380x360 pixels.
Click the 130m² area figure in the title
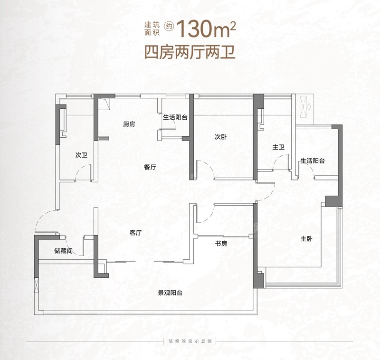click(207, 28)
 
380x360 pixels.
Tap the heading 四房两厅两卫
click(190, 52)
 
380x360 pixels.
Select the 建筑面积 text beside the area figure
click(152, 28)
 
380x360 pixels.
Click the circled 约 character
click(169, 26)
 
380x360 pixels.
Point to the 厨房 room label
click(129, 124)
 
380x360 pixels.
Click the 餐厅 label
click(150, 167)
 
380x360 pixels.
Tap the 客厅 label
click(135, 233)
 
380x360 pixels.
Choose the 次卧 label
click(221, 137)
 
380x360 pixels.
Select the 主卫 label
click(278, 147)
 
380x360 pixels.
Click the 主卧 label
click(306, 239)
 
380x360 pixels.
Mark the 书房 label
click(221, 244)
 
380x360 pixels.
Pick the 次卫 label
click(81, 155)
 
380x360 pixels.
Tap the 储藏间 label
click(63, 250)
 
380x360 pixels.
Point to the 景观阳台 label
click(170, 293)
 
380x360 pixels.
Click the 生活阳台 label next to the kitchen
click(175, 117)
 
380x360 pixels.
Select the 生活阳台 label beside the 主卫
click(313, 161)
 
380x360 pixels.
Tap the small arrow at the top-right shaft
click(310, 106)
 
